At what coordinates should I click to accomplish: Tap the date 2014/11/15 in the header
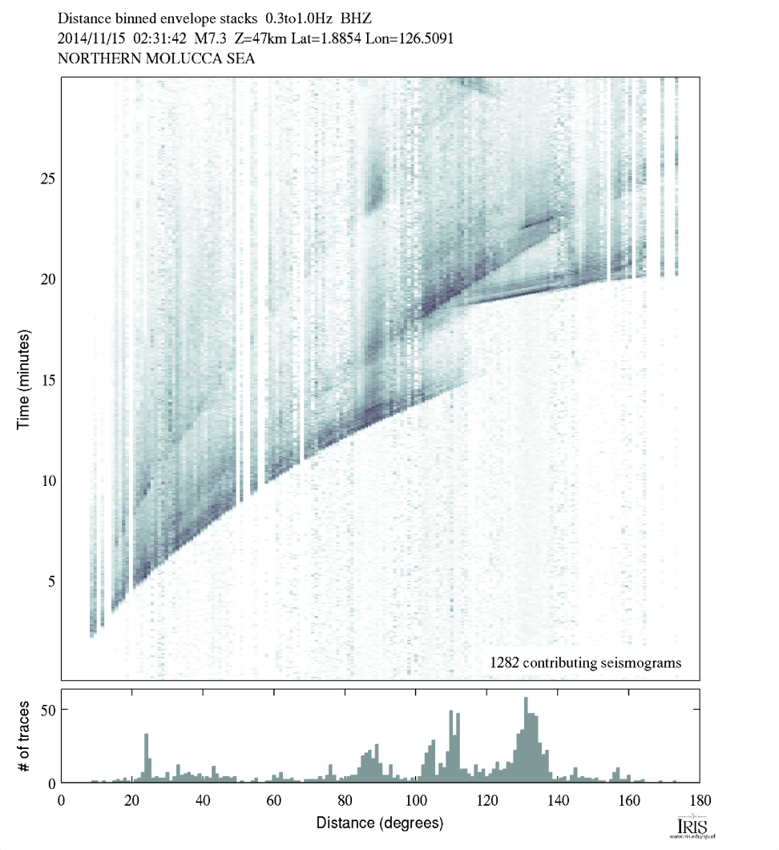click(x=91, y=38)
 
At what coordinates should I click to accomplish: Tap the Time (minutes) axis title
click(x=24, y=378)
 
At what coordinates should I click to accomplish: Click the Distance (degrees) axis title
click(x=380, y=823)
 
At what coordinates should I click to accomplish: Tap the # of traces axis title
click(x=24, y=735)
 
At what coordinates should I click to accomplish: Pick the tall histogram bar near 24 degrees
click(x=147, y=758)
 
